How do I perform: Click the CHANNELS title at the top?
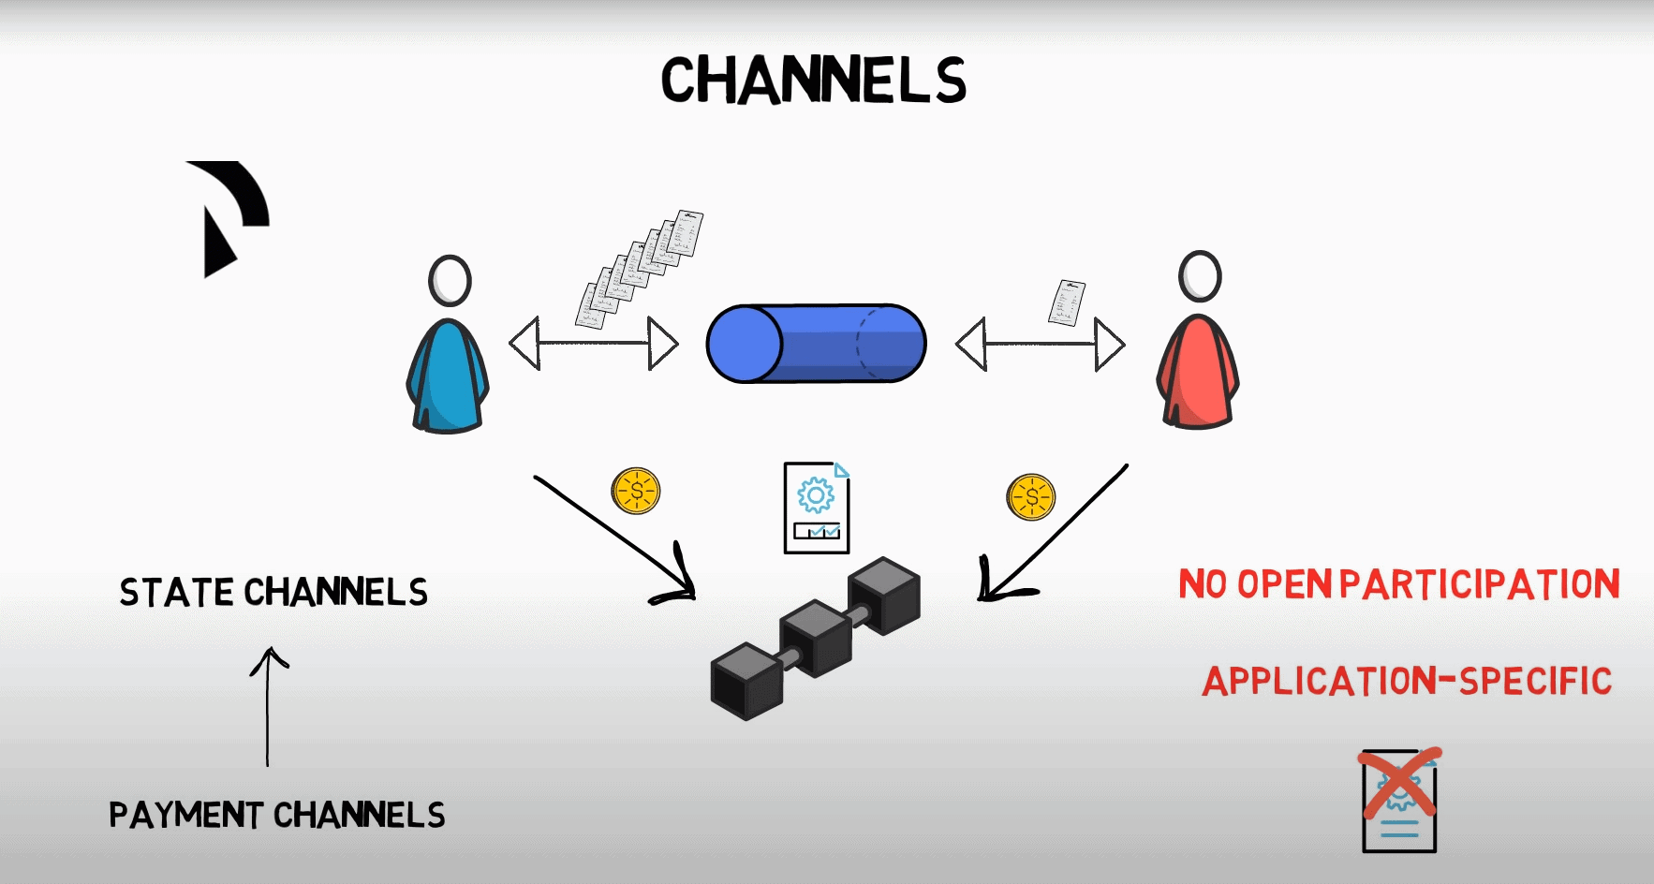coord(813,80)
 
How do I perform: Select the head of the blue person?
coord(450,280)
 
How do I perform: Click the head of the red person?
coord(1200,276)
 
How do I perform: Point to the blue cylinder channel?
coord(816,344)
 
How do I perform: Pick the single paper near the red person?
coord(1066,302)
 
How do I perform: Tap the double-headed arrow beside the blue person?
coord(593,344)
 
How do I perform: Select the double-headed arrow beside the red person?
coord(1040,344)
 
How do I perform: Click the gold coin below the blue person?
coord(636,491)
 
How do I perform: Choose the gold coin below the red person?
coord(1031,496)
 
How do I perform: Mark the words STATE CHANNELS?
coord(273,592)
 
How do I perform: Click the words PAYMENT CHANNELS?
coord(277,815)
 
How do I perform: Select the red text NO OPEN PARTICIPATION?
coord(1398,584)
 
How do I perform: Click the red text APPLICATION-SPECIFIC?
coord(1407,681)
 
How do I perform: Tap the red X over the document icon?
coord(1400,784)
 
